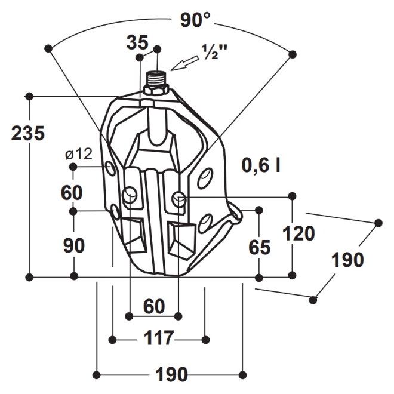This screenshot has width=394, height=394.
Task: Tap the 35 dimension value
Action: pos(137,42)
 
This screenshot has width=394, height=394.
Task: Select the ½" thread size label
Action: pos(214,53)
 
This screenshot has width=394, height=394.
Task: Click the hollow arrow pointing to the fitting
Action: pos(185,62)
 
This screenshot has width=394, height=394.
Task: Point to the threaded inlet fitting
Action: pos(156,79)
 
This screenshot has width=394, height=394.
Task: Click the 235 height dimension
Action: pos(28,133)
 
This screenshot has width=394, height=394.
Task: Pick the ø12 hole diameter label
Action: pos(79,154)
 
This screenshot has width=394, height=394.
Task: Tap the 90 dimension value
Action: pos(74,245)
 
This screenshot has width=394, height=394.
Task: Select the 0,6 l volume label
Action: pos(261,165)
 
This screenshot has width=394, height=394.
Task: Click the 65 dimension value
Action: pos(260,247)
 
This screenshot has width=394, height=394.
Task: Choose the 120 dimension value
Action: pos(298,233)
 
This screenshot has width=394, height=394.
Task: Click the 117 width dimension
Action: pos(159,338)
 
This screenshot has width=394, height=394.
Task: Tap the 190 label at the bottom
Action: pos(171,374)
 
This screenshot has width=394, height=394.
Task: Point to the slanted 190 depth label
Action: pos(348,260)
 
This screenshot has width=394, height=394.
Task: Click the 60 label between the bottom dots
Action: pos(154,307)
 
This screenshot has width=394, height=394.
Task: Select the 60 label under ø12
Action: pos(72,193)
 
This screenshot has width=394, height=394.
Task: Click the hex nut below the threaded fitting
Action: pos(156,91)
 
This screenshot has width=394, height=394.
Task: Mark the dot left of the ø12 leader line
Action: pos(73,167)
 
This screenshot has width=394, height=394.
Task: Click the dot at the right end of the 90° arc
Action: pos(293,54)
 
